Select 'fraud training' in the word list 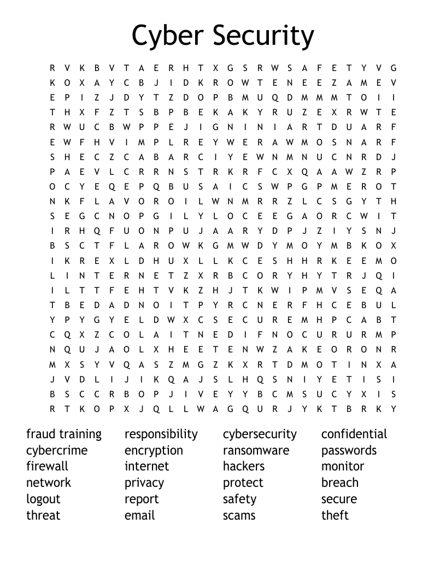coord(64,434)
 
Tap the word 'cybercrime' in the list coord(57,451)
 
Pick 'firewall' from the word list coord(47,467)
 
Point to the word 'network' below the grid coord(49,483)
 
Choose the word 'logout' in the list coord(43,499)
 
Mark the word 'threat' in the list coord(43,515)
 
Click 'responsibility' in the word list coord(161,434)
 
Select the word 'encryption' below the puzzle coord(154,451)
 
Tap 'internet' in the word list coord(147,467)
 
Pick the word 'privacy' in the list coord(144,483)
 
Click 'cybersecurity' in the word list coord(260,434)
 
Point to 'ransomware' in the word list coord(256,451)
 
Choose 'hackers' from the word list coord(244,467)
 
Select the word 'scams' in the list coord(239,515)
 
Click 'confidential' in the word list coord(354,434)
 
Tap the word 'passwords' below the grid coord(349,451)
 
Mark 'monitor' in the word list coord(343,467)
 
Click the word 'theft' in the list coord(335,515)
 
